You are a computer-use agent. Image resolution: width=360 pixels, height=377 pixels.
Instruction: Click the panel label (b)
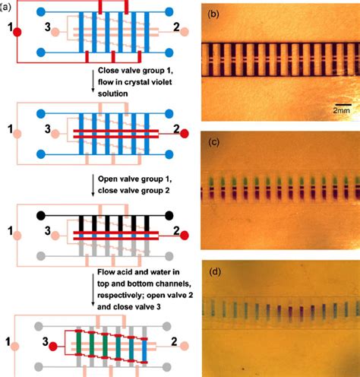pyautogui.click(x=213, y=14)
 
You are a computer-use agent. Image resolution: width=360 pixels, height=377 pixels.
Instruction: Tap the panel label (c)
pyautogui.click(x=214, y=142)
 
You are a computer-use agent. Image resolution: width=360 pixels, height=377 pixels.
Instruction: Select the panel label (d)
pyautogui.click(x=215, y=272)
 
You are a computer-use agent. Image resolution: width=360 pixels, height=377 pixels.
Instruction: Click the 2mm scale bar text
pyautogui.click(x=341, y=110)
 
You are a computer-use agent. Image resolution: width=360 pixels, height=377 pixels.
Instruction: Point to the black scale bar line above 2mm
pyautogui.click(x=343, y=104)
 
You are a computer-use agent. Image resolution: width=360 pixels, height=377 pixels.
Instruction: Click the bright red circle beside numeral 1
pyautogui.click(x=17, y=32)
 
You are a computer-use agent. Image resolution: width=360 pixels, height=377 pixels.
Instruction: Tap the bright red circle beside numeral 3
pyautogui.click(x=53, y=347)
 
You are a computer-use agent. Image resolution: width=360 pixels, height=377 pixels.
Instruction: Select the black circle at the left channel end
pyautogui.click(x=41, y=216)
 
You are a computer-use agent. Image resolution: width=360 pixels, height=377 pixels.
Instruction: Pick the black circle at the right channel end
pyautogui.click(x=169, y=216)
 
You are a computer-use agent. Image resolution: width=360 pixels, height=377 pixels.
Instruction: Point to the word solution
pyautogui.click(x=113, y=93)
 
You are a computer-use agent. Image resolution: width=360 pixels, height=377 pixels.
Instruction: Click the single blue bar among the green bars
pyautogui.click(x=144, y=350)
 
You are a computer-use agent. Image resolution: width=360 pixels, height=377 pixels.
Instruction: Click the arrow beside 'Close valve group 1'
pyautogui.click(x=93, y=80)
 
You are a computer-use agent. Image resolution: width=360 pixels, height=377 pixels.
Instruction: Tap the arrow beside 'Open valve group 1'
pyautogui.click(x=93, y=185)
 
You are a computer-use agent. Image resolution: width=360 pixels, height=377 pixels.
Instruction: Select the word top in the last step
pyautogui.click(x=103, y=284)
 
